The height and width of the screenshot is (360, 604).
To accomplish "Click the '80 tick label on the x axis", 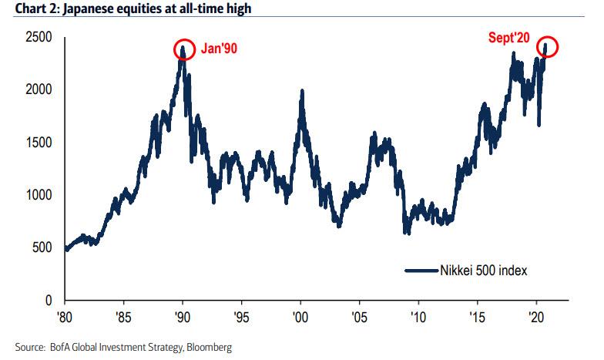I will (x=66, y=316).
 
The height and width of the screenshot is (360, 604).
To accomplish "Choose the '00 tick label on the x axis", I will (x=301, y=316).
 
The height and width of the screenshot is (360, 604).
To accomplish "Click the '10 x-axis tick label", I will (x=418, y=316).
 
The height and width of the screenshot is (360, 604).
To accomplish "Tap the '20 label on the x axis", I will (x=535, y=316).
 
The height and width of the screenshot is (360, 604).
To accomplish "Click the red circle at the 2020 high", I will (x=547, y=46).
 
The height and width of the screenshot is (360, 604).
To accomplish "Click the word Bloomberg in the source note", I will (x=210, y=348).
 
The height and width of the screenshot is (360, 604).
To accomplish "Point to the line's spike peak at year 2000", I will (x=301, y=91).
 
